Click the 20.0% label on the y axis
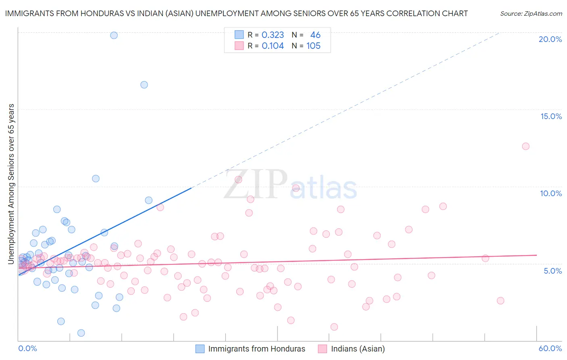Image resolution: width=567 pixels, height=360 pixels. pos(550,39)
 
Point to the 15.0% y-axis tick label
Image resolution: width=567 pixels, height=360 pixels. pos(551,116)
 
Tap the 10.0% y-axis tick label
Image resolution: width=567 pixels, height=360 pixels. pos(551,193)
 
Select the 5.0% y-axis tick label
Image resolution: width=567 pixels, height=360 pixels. pos(552,271)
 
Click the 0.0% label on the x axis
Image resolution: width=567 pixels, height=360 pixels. pos(27,348)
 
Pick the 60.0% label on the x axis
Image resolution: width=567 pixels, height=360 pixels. pos(550,348)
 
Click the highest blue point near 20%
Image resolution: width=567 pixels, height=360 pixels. pos(114,36)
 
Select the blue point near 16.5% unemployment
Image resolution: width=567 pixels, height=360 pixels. pos(144,85)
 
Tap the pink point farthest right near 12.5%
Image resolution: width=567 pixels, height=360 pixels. pos(525,147)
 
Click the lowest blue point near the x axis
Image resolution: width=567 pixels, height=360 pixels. pos(81,333)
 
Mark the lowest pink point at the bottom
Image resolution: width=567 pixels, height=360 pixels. pos(334,327)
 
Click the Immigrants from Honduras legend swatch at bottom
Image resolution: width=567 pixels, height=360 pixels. pos(200,349)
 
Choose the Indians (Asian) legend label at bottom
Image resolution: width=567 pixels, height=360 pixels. pos(358,349)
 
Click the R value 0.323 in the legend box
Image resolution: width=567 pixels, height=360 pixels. pos(273,35)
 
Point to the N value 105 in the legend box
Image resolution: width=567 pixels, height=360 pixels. pos(313,46)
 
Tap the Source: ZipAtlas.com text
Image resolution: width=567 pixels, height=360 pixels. pos(531,14)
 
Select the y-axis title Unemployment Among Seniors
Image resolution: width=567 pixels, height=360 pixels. pos(11,184)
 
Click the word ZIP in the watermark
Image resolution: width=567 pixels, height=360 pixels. pos(255,184)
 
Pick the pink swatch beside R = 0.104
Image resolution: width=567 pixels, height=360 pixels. pos(239,46)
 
